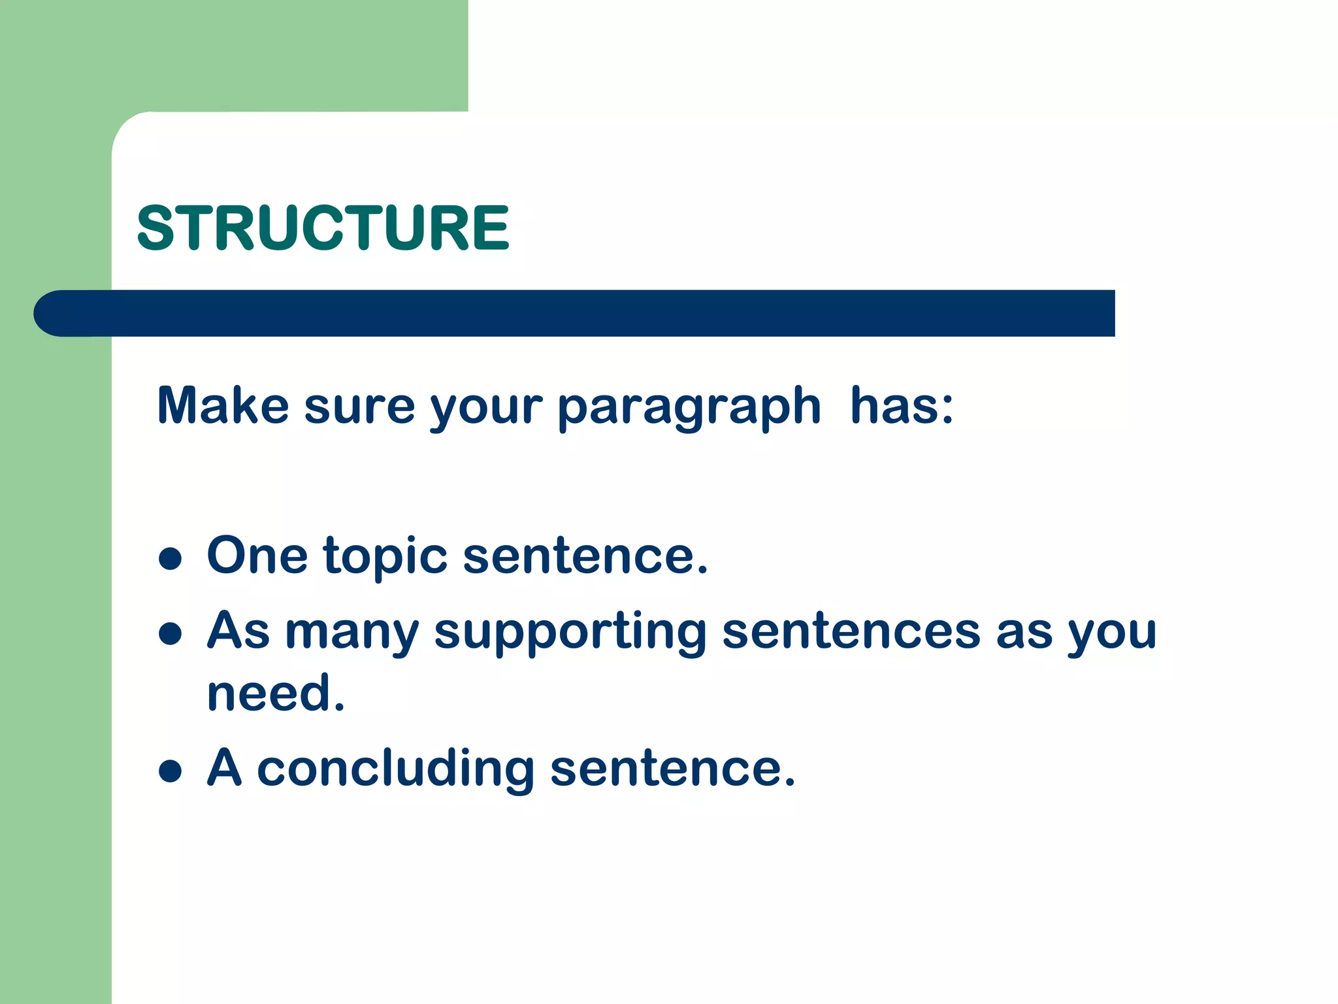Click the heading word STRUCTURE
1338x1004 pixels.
[x=323, y=227]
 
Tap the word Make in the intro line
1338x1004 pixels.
[x=223, y=406]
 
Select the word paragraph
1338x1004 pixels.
[x=689, y=409]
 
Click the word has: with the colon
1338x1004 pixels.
[x=902, y=406]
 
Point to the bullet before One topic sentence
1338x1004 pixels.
[x=170, y=559]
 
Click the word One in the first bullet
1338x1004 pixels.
[x=257, y=556]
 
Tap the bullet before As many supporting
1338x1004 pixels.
[x=170, y=633]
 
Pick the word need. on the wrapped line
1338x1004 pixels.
[x=275, y=694]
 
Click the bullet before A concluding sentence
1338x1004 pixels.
[x=170, y=771]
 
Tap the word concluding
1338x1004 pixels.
[x=395, y=769]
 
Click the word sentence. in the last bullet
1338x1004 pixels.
[x=672, y=769]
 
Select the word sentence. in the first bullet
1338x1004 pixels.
[x=585, y=557]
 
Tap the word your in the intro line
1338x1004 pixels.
[x=486, y=409]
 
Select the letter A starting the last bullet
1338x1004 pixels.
[x=225, y=767]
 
